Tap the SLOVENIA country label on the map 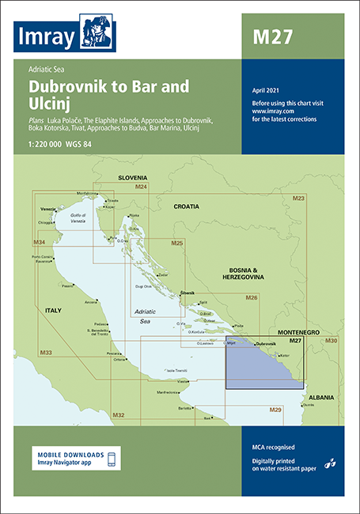pos(133,179)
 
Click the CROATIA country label pos(187,206)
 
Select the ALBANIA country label pos(320,397)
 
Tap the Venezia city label pos(48,209)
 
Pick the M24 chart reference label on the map pos(141,187)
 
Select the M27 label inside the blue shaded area pos(295,341)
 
